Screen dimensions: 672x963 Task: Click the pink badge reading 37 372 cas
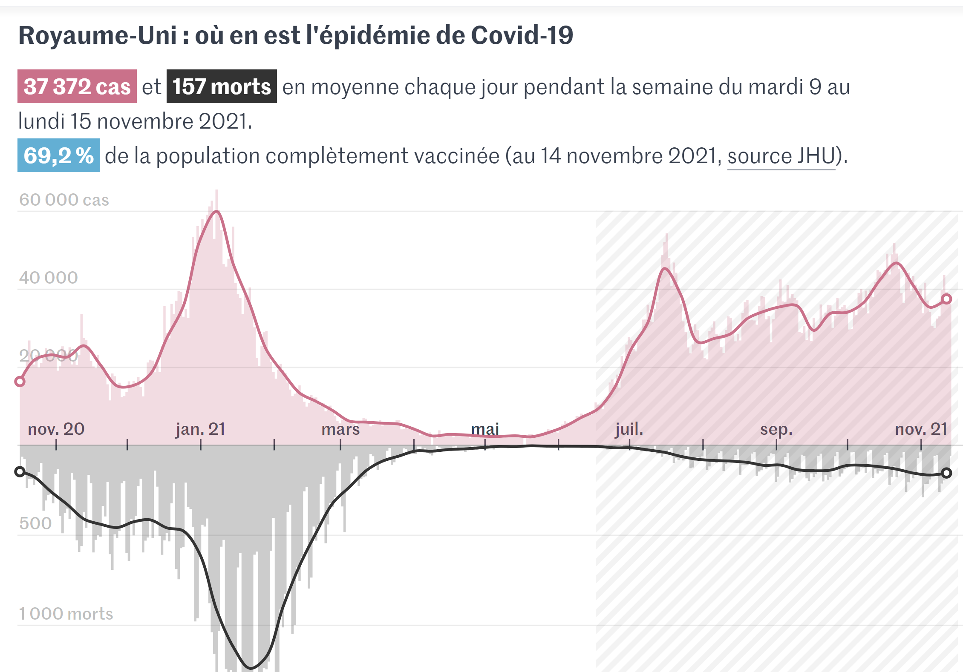click(77, 86)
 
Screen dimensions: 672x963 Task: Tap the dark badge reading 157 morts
click(222, 86)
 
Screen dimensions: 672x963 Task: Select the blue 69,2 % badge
click(58, 155)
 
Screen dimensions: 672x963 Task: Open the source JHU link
click(781, 156)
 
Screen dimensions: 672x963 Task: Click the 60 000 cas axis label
click(64, 200)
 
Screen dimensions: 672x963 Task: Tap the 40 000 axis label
click(48, 278)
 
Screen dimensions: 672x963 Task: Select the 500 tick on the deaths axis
click(35, 523)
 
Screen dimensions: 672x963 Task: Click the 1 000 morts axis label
click(66, 614)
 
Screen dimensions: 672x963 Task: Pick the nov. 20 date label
click(56, 429)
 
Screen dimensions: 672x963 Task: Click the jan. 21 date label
click(200, 429)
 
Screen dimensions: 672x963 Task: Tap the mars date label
click(340, 429)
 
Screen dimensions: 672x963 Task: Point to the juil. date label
click(629, 429)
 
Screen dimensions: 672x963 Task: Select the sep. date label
click(776, 429)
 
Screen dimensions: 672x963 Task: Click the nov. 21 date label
click(921, 429)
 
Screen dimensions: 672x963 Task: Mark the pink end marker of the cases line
click(946, 299)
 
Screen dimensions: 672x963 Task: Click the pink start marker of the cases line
click(20, 381)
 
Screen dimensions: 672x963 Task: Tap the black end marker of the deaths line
click(946, 473)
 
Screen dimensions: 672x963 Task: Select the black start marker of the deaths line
click(20, 471)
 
